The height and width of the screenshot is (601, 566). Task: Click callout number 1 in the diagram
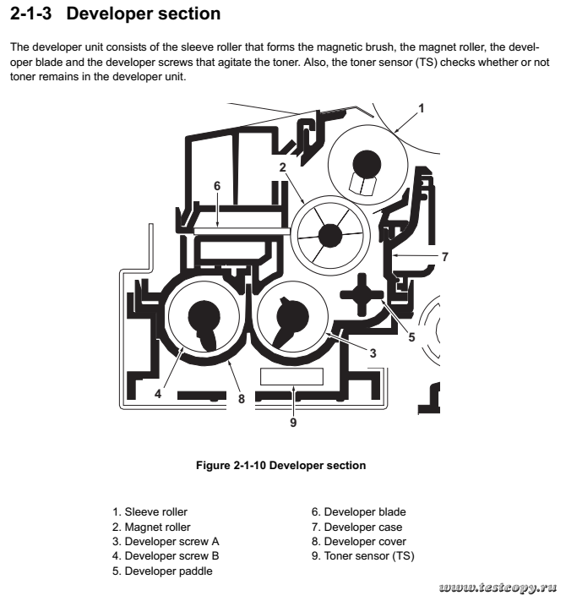421,107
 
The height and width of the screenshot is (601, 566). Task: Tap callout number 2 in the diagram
284,167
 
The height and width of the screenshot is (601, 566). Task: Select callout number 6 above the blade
217,185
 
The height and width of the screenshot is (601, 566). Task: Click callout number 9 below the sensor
293,422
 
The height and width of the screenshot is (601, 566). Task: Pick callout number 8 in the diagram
241,398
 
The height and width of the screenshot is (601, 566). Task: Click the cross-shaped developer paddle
361,294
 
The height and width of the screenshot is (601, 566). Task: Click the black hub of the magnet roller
329,232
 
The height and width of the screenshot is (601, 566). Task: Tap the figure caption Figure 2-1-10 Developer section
280,465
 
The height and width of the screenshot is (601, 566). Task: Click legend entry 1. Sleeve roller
150,511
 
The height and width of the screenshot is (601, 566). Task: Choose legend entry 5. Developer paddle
162,571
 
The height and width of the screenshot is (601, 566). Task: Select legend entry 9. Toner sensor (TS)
362,556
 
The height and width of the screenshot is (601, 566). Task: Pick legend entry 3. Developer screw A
166,541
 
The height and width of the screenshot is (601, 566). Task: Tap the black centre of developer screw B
203,317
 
